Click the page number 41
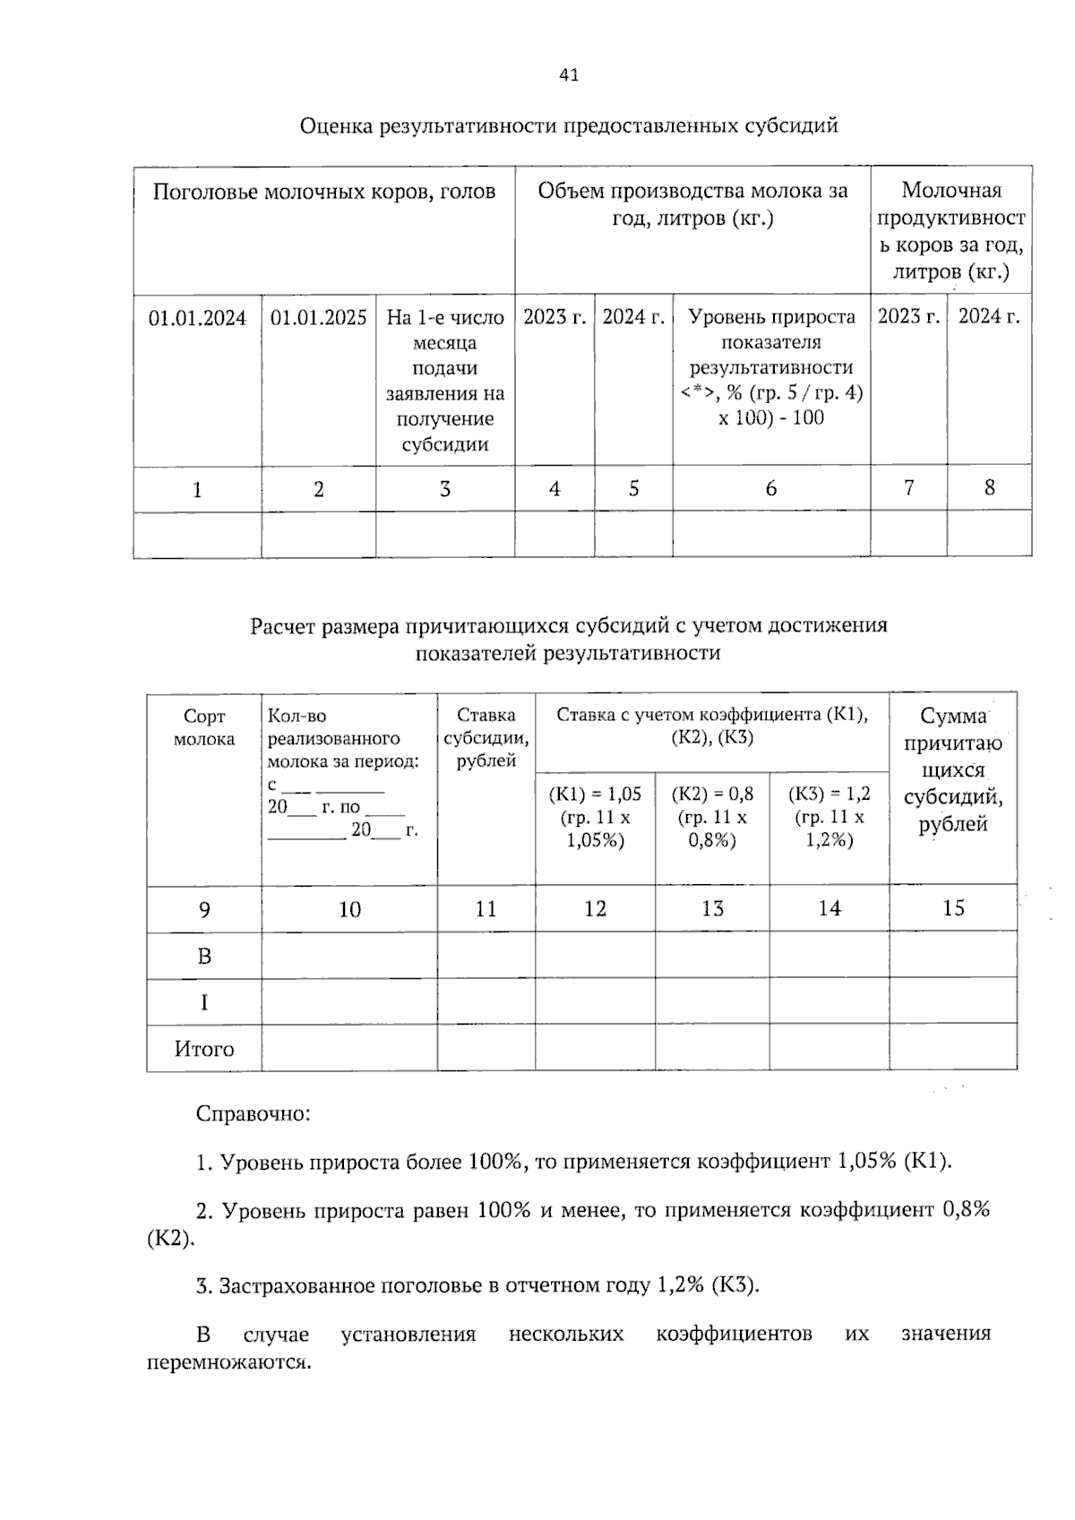(x=569, y=75)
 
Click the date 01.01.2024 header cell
(x=197, y=318)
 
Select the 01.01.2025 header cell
(x=318, y=318)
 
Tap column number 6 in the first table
(x=770, y=488)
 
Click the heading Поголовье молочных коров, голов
(x=323, y=192)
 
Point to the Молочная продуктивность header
(x=950, y=230)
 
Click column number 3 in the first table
(x=444, y=489)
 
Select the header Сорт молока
(x=204, y=727)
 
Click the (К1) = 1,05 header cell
(x=595, y=816)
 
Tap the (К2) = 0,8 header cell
(x=712, y=816)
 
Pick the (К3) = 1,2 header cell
(x=829, y=816)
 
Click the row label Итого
(x=204, y=1049)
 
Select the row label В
(x=204, y=957)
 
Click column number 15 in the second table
(x=953, y=908)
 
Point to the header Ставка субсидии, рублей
(x=486, y=738)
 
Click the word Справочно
(x=253, y=1114)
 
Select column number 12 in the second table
(x=595, y=909)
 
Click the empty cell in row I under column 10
(x=349, y=1002)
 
